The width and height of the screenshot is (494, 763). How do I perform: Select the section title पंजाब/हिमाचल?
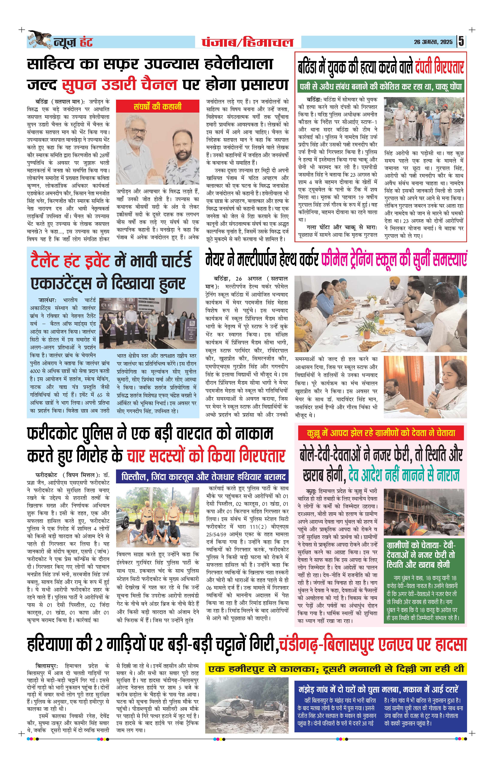tap(248, 42)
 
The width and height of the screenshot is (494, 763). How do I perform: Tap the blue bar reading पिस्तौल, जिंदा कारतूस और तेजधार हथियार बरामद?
tap(202, 477)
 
